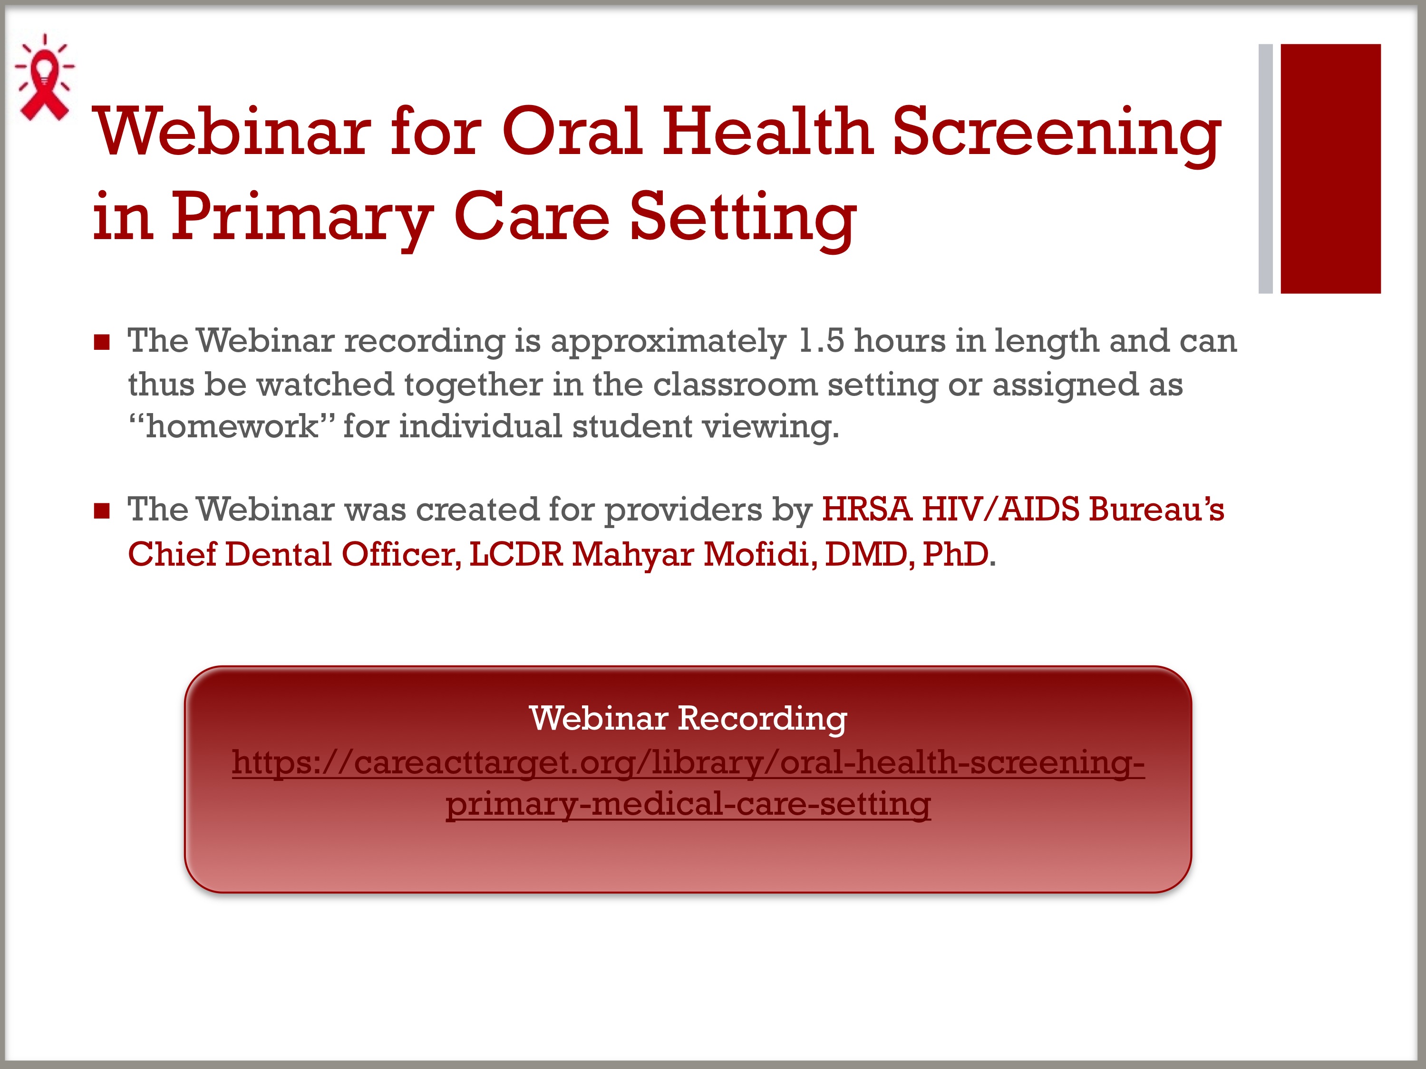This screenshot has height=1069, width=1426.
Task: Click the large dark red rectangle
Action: click(x=1330, y=169)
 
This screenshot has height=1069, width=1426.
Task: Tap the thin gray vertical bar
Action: click(x=1265, y=169)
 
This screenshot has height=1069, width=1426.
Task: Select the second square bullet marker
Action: click(x=102, y=511)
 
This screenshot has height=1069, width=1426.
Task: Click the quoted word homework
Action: click(x=232, y=426)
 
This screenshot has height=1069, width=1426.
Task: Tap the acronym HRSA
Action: click(x=866, y=510)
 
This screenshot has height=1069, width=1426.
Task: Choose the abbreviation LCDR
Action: click(x=516, y=555)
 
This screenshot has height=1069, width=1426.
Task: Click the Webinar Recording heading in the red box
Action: click(x=688, y=719)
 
